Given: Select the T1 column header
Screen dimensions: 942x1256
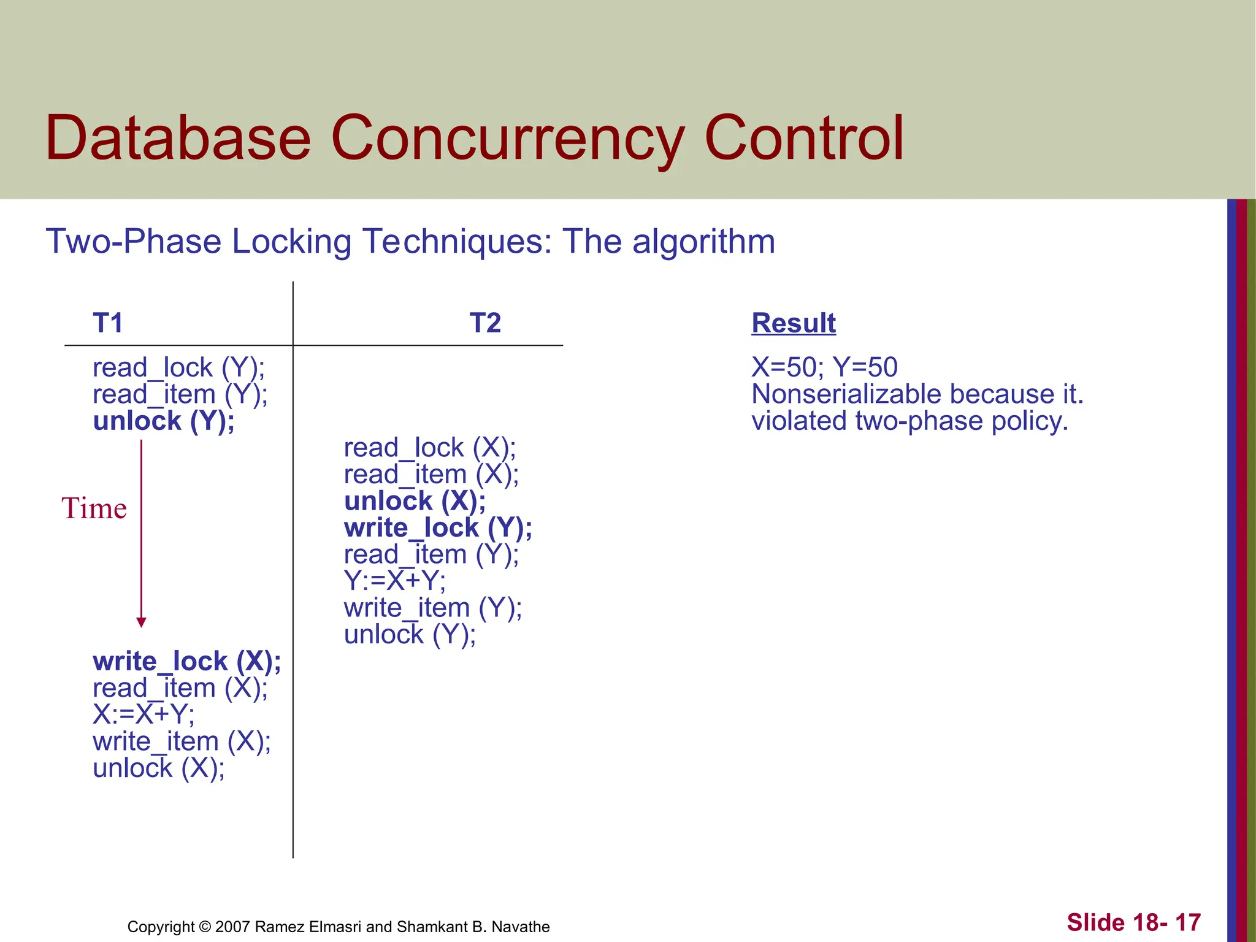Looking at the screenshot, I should (108, 323).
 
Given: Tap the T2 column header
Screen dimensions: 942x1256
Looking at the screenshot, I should (485, 323).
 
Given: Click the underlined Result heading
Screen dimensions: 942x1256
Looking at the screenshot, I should (794, 323).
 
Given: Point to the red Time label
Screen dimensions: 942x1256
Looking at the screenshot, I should (94, 508).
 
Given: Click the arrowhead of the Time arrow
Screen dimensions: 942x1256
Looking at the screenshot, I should (141, 622).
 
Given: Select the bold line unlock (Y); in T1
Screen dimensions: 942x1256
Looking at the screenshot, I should (164, 421).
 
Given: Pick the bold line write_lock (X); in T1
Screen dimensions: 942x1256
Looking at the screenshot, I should (187, 662).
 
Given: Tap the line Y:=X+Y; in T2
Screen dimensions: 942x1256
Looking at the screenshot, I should (395, 581).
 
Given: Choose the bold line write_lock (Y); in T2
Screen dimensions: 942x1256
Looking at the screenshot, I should (438, 528).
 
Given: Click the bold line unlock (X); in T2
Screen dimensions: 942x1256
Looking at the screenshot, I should (415, 501).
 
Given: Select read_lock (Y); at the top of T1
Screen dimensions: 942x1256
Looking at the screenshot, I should (178, 368).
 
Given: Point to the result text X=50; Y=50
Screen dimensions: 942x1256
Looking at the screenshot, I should (824, 368).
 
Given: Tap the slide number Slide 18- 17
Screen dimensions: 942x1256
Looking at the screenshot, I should (1133, 922).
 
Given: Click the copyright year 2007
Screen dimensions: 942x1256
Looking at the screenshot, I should (232, 927).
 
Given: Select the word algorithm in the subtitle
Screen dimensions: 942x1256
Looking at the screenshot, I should (703, 242).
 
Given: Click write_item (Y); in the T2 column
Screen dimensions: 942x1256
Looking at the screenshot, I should (433, 608).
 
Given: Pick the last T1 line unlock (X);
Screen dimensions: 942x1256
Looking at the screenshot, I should (159, 768).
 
